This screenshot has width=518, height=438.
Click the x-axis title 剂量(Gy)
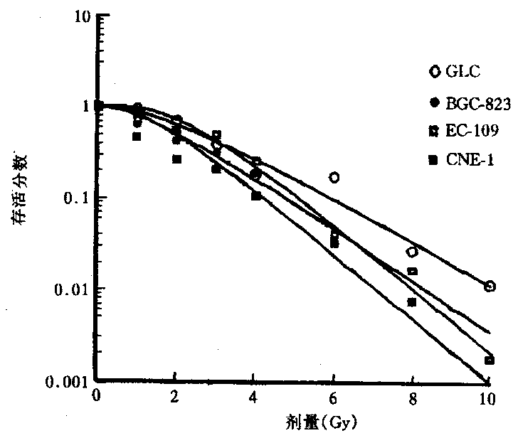[x=293, y=421]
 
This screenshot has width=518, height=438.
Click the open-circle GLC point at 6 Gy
[x=334, y=177]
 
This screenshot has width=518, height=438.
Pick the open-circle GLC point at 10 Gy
[x=490, y=286]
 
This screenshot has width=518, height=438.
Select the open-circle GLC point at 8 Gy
[x=412, y=252]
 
